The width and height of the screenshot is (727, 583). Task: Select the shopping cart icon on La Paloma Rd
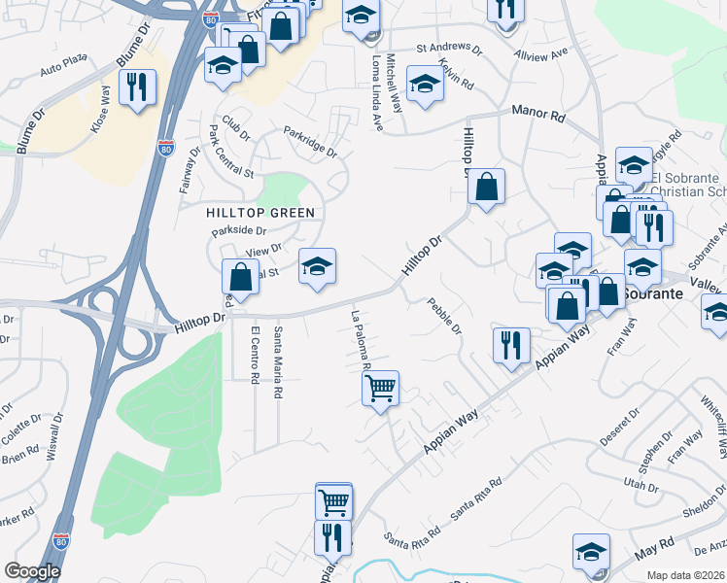(x=380, y=388)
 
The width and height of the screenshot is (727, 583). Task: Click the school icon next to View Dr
(x=317, y=266)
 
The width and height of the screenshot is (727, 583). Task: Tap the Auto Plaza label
(x=64, y=70)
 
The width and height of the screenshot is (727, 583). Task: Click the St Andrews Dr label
(x=449, y=48)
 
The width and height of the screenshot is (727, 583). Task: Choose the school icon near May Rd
(x=590, y=551)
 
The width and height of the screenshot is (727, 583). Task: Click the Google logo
(x=32, y=571)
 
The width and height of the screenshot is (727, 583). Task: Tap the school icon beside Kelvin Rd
(x=425, y=85)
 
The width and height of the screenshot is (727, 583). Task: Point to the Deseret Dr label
(x=620, y=427)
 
